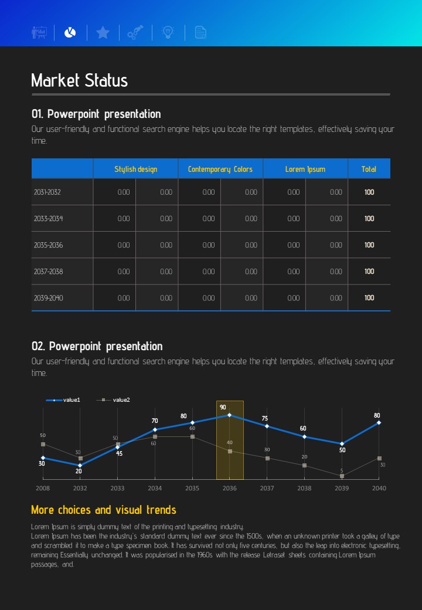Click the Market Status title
tap(80, 80)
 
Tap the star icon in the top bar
tap(103, 33)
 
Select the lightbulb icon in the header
tap(168, 33)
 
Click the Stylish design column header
tap(135, 169)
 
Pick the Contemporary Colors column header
tap(220, 169)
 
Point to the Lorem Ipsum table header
tap(305, 169)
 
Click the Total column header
tap(369, 169)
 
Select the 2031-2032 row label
tap(47, 192)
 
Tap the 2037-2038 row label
tap(48, 272)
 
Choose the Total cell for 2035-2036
tap(369, 245)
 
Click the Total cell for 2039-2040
tap(369, 298)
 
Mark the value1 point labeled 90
tap(229, 415)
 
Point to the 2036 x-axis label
tap(229, 488)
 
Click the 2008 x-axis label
tap(43, 488)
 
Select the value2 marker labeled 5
tap(342, 476)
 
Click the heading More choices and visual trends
tap(103, 510)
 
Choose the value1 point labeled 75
tap(267, 426)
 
